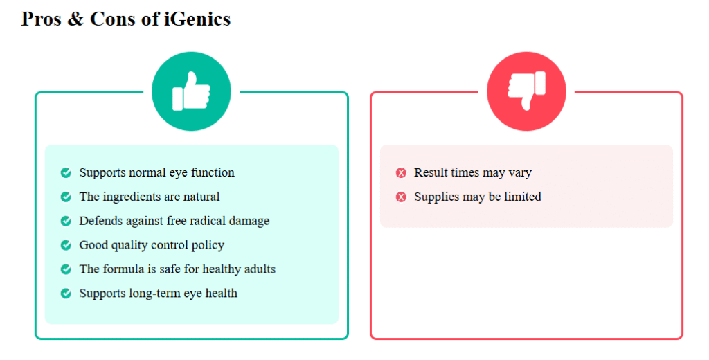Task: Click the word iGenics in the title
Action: click(x=197, y=19)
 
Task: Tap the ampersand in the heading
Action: click(x=75, y=19)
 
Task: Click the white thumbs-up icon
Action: click(x=191, y=91)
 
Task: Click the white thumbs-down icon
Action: click(x=526, y=91)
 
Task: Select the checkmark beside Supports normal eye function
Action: click(x=66, y=173)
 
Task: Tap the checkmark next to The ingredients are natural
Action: click(x=66, y=197)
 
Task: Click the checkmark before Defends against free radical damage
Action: click(x=66, y=221)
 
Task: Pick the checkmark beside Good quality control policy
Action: click(x=66, y=245)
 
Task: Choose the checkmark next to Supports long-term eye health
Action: click(x=66, y=294)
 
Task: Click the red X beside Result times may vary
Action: click(x=401, y=173)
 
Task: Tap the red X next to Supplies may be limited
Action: click(x=401, y=197)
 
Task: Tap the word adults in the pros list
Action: click(x=260, y=269)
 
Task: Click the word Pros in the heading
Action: click(x=41, y=19)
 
